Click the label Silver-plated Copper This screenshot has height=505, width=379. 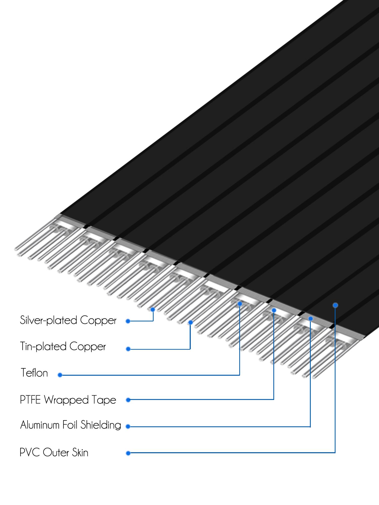coord(68,320)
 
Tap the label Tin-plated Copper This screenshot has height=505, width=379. coord(63,346)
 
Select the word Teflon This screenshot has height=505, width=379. coord(34,373)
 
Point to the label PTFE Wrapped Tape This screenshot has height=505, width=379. coord(68,400)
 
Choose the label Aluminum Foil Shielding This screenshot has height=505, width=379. coord(70,425)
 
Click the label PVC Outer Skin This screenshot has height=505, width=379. coord(54,452)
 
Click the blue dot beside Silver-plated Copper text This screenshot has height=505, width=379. coord(128,321)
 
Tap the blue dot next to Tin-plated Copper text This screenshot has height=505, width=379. coord(128,349)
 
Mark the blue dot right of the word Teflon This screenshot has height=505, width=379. coord(60,375)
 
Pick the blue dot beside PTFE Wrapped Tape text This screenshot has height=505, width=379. coord(128,400)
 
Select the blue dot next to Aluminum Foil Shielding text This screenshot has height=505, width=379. coord(128,426)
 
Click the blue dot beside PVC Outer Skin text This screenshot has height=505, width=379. coord(128,453)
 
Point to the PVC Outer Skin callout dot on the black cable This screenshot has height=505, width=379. coord(335,305)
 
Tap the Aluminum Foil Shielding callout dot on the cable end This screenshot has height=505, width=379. coord(311,319)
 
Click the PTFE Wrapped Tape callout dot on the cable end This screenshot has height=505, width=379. coord(274,310)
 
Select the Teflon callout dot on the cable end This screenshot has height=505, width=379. coord(240,304)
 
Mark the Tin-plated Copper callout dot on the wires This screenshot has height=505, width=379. coord(191,322)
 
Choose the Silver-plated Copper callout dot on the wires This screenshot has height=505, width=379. coord(153,309)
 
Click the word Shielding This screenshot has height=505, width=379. coord(101,425)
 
